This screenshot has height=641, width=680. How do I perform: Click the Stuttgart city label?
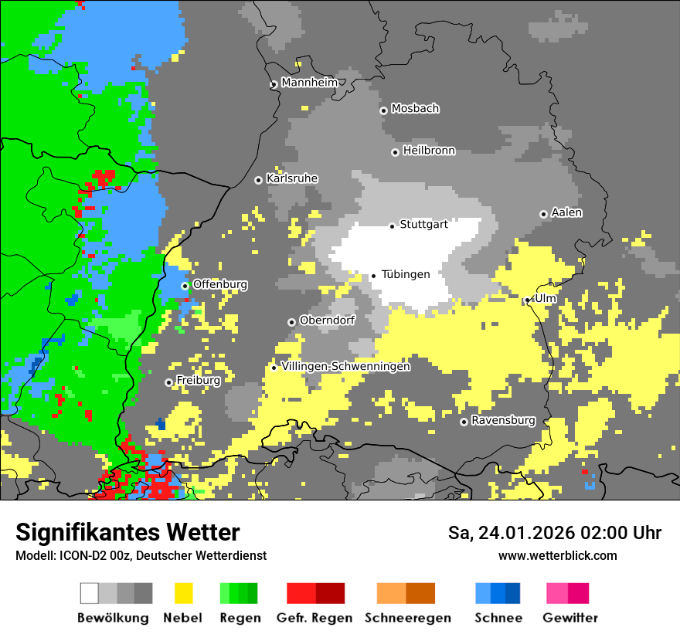[x=423, y=225]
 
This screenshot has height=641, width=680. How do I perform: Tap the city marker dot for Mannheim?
[x=274, y=85]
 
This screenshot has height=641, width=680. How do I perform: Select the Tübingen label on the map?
[x=406, y=274]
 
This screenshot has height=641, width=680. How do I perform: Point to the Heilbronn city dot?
[x=395, y=152]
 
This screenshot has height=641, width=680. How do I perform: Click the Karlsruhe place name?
[x=292, y=178]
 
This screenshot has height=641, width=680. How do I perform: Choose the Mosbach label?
[x=415, y=109]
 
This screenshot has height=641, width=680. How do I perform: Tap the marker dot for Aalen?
[x=543, y=214]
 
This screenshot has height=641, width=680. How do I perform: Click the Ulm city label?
[x=546, y=298]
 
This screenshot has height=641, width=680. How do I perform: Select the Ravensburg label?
[x=503, y=421]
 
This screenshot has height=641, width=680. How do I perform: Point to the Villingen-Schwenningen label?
[x=346, y=366]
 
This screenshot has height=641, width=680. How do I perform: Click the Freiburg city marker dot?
[x=168, y=382]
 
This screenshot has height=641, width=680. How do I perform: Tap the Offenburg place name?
[x=220, y=284]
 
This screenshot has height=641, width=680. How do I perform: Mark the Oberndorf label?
[x=327, y=320]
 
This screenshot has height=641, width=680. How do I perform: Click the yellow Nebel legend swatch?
[x=183, y=593]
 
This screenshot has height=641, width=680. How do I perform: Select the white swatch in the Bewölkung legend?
[x=90, y=593]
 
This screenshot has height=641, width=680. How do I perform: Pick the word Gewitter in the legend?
[x=570, y=618]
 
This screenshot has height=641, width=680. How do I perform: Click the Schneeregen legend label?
[x=408, y=618]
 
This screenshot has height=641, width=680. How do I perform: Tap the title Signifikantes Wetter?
[x=127, y=533]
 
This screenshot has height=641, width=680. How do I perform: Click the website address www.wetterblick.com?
[x=557, y=555]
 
